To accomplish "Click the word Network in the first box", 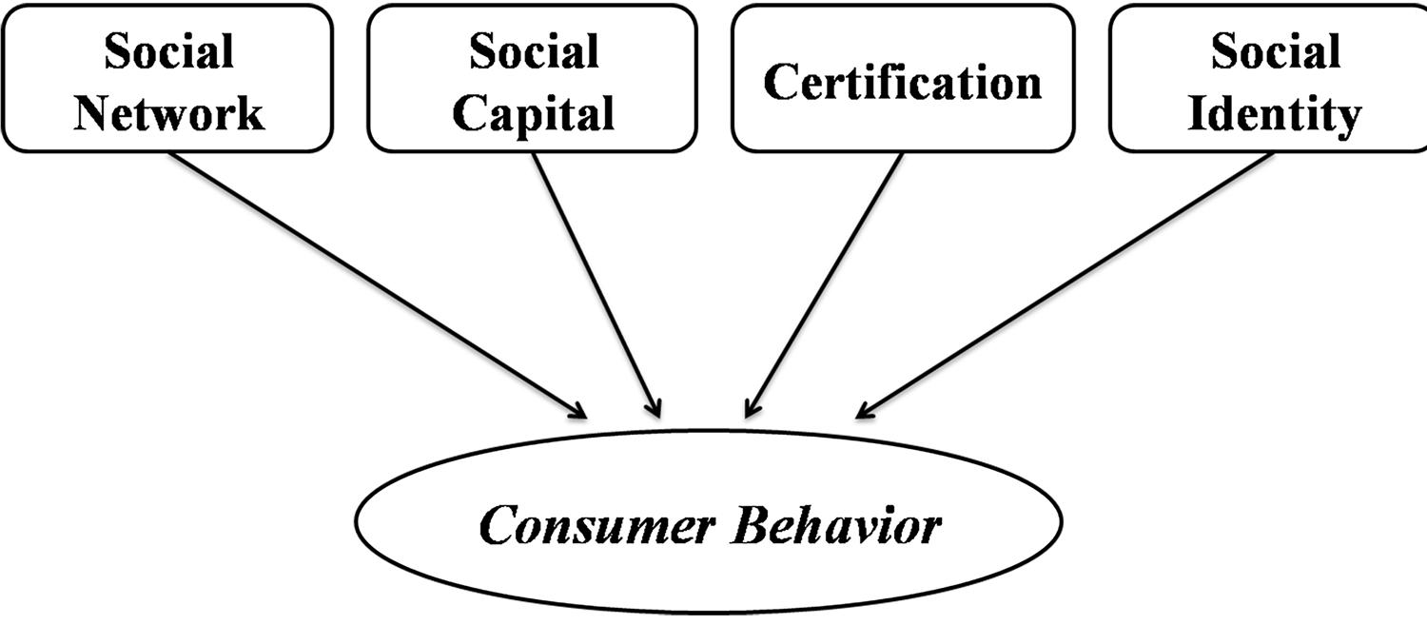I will coord(169,113).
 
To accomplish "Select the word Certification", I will coord(903,82).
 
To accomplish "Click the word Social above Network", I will coord(169,51).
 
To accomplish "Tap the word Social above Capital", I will coord(533,51).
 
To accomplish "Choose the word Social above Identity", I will coord(1275,51).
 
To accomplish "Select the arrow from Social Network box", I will coord(381,285).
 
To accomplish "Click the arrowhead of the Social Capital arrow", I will coord(654,409).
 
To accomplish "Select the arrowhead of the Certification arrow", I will coord(751,410).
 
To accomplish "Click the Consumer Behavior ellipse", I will coord(709,571).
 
